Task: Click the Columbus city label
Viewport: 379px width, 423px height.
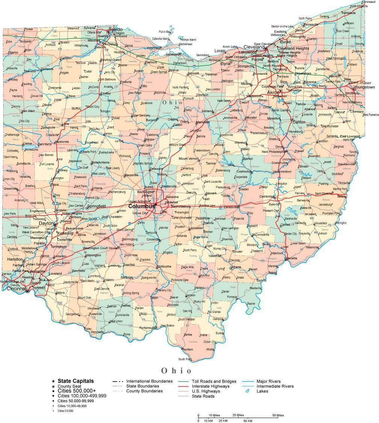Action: click(141, 206)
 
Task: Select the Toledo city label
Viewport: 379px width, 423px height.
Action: click(115, 29)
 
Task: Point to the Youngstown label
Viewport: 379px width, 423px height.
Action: click(364, 87)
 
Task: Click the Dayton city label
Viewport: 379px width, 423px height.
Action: click(47, 223)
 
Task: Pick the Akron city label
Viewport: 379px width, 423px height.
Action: click(273, 92)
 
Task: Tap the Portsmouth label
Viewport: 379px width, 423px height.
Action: click(147, 328)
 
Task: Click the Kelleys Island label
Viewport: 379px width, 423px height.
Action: click(188, 39)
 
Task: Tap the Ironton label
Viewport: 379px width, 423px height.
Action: click(187, 349)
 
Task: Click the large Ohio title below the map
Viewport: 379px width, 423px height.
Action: click(176, 370)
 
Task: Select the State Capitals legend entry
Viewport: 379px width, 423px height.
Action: click(75, 381)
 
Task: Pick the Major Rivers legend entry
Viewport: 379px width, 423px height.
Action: click(268, 381)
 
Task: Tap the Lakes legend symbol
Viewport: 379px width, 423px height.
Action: click(248, 391)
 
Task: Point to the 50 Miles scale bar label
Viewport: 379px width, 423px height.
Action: click(278, 415)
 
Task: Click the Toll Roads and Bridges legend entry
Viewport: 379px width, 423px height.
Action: click(214, 381)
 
